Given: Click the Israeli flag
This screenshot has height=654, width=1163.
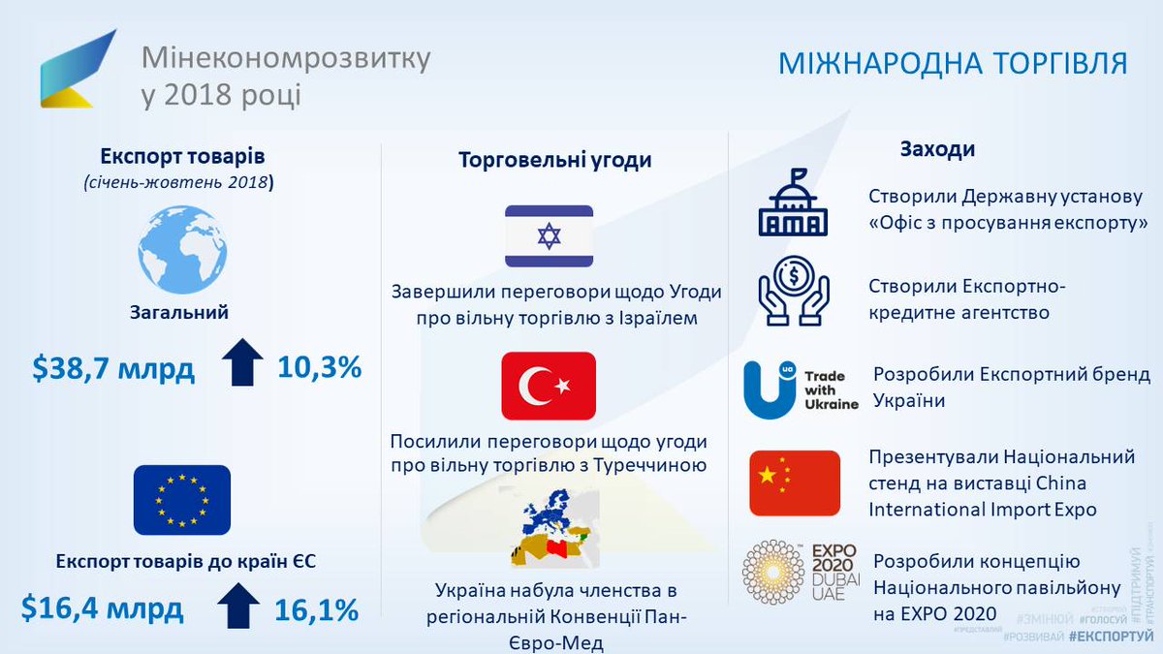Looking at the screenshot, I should (x=549, y=236).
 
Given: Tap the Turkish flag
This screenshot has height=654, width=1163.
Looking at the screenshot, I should (x=549, y=386).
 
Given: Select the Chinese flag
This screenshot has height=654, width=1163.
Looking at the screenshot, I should (x=795, y=483).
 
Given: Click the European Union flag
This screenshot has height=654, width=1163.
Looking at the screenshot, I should (x=182, y=500).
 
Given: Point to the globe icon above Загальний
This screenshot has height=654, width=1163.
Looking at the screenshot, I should (x=182, y=249).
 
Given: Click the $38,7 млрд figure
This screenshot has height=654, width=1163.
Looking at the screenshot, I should (x=113, y=368).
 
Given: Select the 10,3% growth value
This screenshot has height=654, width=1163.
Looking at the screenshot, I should (x=319, y=368).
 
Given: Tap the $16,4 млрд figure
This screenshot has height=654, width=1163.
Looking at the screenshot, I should (x=103, y=609).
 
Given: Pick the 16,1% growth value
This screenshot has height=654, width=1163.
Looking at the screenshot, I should (x=316, y=610).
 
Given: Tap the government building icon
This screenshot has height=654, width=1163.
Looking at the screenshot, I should (x=793, y=204).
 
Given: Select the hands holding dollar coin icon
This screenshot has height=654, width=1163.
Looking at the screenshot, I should (x=793, y=289).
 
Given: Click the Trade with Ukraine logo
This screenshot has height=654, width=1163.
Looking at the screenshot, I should (x=801, y=389).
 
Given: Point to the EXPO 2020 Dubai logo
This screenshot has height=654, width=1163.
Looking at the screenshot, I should (x=795, y=572).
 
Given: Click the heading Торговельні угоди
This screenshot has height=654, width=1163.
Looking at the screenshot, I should (x=554, y=161).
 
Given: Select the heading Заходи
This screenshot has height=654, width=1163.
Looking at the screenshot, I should (x=937, y=150).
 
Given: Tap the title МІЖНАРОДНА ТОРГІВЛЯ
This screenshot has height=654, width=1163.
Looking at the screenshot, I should (x=953, y=64).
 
